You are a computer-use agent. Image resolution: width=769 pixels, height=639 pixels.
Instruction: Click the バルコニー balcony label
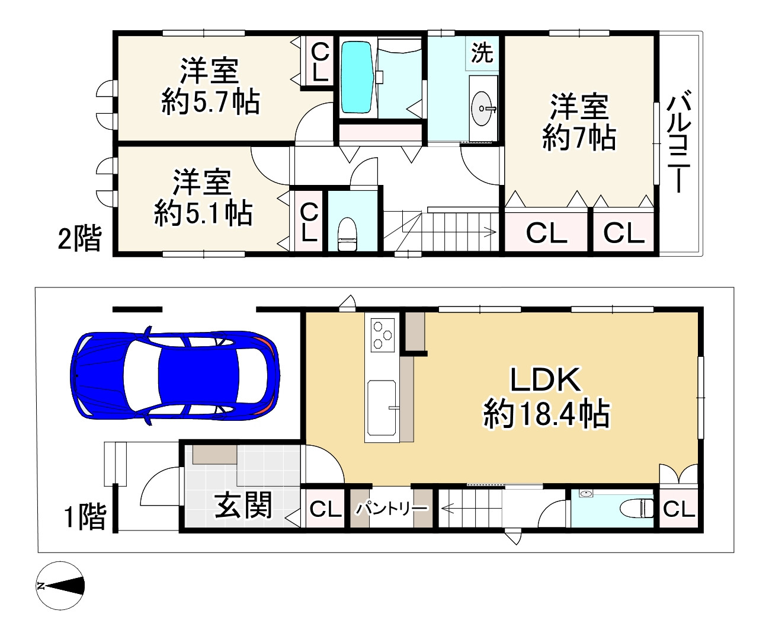pos(679,142)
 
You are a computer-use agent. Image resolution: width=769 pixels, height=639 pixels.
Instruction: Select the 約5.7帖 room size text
pos(210,103)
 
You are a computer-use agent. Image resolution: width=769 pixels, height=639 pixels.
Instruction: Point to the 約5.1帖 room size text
pos(203,213)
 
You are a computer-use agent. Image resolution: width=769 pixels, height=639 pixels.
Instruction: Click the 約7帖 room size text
pos(579,138)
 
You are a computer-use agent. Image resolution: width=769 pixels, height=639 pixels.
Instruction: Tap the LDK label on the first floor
pos(546,380)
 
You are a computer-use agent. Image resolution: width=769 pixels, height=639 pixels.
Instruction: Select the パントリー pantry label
pos(390,508)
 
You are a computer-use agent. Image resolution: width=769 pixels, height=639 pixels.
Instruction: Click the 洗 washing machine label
pos(482,53)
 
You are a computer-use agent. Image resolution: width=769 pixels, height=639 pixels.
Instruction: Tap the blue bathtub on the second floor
pos(357,76)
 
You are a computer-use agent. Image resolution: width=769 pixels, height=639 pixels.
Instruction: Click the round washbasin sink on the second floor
pos(482,109)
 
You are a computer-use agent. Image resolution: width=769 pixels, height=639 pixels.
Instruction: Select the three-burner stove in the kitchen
pos(382,334)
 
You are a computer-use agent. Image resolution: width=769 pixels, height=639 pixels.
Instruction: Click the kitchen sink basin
pos(382,408)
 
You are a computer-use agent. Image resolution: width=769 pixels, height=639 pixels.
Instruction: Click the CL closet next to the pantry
pos(325,509)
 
